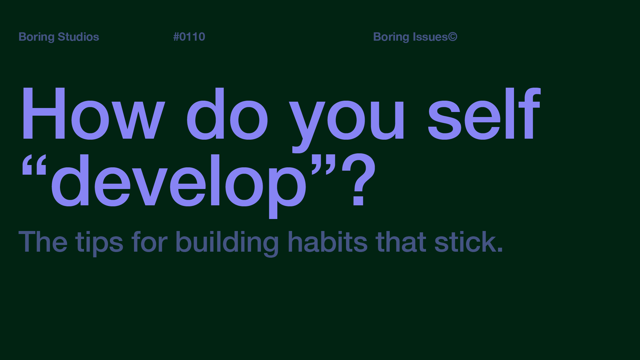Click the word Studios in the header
(78, 37)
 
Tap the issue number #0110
(189, 37)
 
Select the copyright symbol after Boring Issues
(452, 37)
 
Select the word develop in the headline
(178, 182)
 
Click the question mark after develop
(359, 180)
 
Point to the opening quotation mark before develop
(34, 165)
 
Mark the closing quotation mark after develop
(323, 165)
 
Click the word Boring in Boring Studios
(36, 37)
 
